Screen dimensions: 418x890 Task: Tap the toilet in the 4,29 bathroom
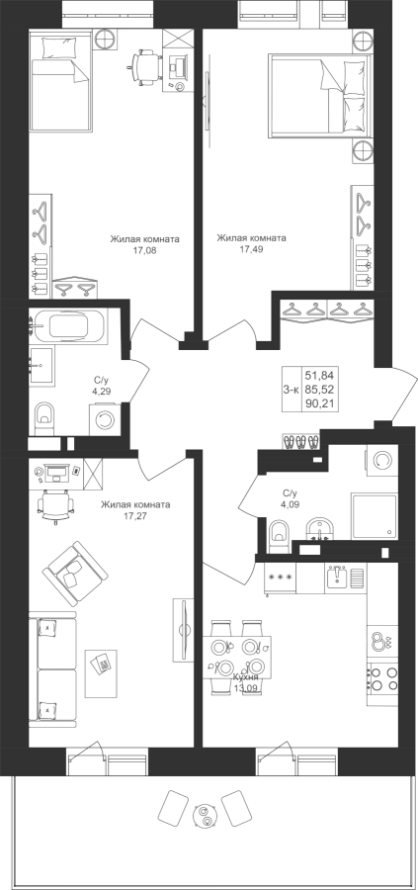click(x=43, y=419)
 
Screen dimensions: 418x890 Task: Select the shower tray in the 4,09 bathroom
click(x=374, y=516)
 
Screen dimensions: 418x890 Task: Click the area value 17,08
click(x=144, y=249)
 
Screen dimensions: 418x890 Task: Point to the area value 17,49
click(x=251, y=248)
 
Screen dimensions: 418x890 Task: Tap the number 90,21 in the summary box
click(x=319, y=403)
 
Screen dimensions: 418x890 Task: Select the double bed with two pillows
click(x=320, y=94)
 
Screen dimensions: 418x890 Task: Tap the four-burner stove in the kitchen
click(x=383, y=677)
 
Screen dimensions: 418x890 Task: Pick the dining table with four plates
click(x=236, y=657)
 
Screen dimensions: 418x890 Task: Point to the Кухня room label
click(x=246, y=677)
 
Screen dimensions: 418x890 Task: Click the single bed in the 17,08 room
click(x=59, y=81)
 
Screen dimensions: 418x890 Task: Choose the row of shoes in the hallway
click(x=299, y=441)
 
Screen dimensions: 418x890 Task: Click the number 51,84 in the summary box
click(x=319, y=375)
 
